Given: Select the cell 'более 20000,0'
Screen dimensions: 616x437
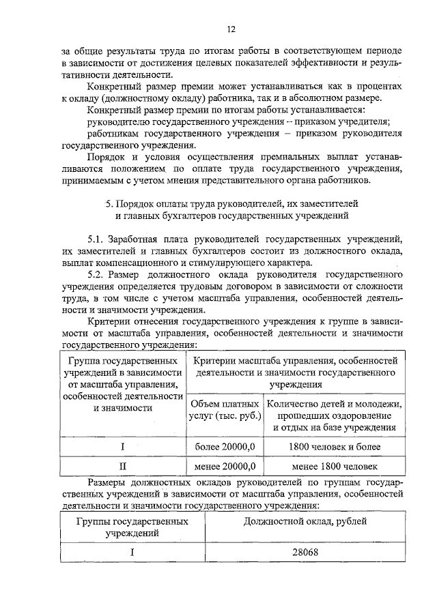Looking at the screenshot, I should coord(224,445).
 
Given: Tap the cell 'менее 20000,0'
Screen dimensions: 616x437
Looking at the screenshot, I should coord(224,467).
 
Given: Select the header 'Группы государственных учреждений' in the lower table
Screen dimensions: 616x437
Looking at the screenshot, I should coord(132,527).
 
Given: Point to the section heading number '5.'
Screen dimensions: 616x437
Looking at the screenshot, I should coord(109,203).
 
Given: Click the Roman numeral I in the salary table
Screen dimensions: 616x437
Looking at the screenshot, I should coord(131,552).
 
